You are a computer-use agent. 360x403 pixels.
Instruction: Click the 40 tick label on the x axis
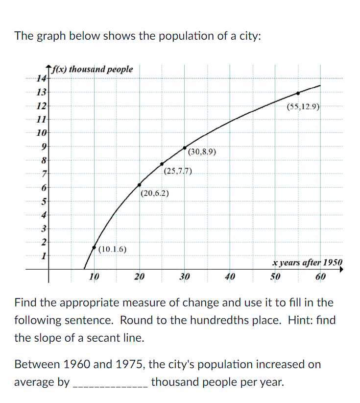pos(230,277)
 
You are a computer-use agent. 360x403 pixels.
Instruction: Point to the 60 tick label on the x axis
pos(321,277)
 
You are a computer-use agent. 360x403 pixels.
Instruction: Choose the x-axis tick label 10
pos(95,277)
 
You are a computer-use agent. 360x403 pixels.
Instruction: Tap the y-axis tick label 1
pos(44,255)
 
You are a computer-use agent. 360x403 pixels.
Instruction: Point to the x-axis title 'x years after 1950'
pos(308,263)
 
